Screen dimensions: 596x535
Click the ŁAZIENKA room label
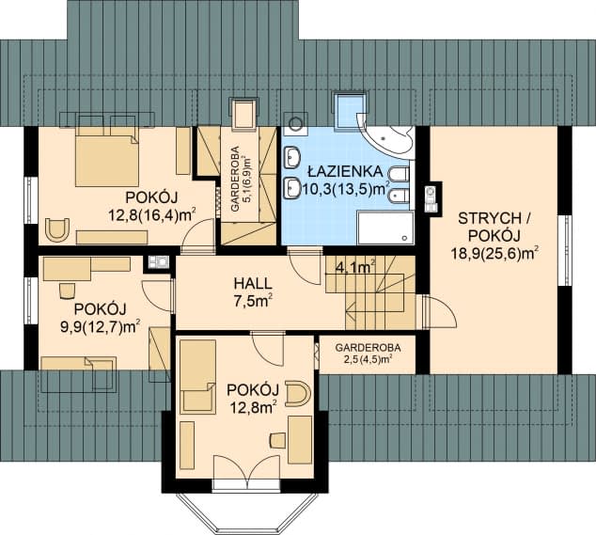345,171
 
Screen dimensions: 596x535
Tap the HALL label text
253,283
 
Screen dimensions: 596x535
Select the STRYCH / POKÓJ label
494,227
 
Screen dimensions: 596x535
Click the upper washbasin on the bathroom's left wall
291,157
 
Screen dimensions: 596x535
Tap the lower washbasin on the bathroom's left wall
291,188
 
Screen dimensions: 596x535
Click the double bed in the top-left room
107,156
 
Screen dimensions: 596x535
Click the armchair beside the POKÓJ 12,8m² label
298,392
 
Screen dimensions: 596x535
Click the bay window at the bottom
246,511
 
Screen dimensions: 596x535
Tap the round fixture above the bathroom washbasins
294,123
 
